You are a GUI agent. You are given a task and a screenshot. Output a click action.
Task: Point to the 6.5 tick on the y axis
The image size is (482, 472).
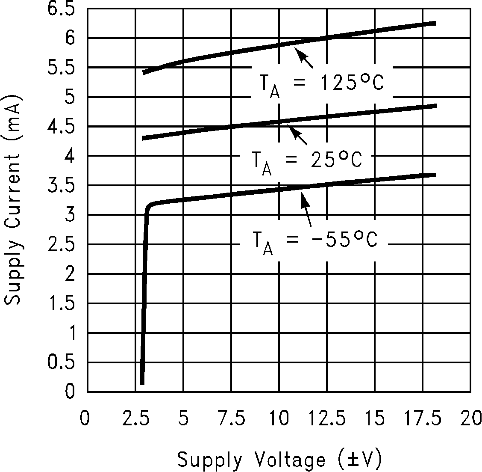click(63, 9)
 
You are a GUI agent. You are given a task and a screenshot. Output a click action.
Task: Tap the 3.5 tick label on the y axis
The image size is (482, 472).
click(63, 186)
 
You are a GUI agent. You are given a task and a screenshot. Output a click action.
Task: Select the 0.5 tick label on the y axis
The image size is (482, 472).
click(63, 362)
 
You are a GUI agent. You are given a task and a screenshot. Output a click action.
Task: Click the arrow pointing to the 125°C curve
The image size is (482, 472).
click(304, 58)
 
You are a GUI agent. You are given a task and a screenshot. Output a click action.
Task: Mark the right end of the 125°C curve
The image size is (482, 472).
click(434, 23)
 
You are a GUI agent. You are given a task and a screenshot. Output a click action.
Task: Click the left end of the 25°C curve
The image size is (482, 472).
click(144, 138)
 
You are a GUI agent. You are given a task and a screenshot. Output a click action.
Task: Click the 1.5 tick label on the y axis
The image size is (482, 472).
click(63, 304)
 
